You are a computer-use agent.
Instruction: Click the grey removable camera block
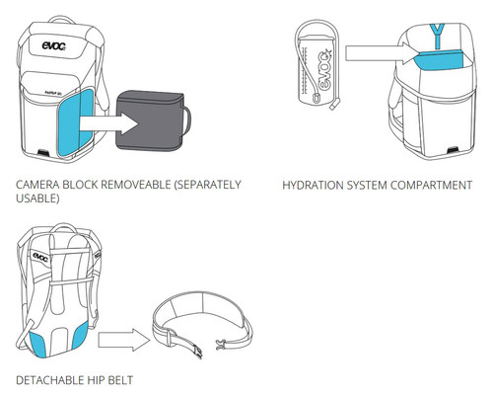150,121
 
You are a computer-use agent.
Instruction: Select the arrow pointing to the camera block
108,123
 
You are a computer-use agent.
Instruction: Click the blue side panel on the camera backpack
75,122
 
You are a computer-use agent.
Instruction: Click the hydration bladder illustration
317,65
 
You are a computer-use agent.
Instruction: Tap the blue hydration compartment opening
440,60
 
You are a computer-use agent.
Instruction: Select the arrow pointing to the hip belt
124,340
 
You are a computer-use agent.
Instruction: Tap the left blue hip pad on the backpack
38,345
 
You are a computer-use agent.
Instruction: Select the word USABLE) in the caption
37,198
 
